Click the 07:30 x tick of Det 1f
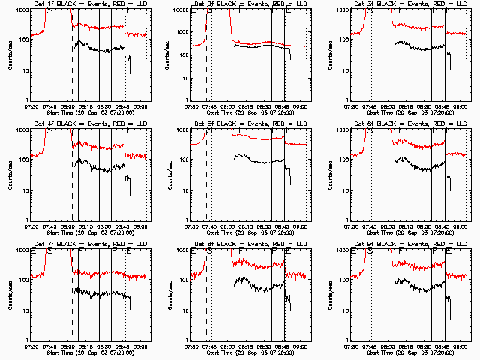31,105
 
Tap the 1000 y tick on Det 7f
22,250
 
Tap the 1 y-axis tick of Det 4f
26,220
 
